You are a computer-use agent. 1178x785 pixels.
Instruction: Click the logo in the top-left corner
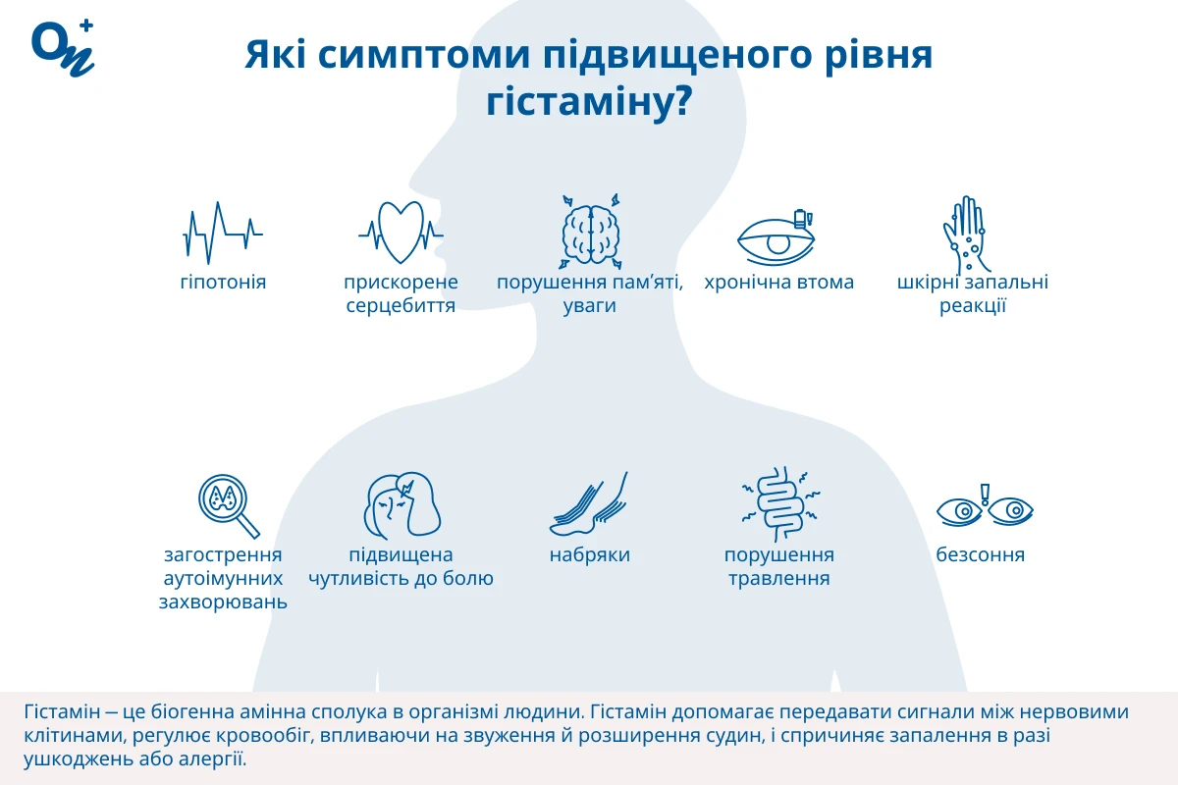coord(63,48)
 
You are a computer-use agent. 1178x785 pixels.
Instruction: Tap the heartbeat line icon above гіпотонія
coord(223,233)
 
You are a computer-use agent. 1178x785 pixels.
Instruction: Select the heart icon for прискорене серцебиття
coord(401,233)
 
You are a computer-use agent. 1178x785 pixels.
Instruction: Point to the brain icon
coord(591,232)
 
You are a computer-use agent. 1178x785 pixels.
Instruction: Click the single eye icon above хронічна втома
coord(776,238)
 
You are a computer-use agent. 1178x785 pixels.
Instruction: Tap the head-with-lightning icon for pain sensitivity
coord(402,505)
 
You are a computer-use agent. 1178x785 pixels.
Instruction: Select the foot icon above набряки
coord(588,503)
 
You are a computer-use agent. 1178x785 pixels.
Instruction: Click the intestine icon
coord(780,503)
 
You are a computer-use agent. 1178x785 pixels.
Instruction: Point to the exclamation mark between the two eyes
coord(985,495)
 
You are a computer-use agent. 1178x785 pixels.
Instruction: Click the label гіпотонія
coord(223,283)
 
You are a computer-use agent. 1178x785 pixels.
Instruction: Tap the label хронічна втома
coord(778,283)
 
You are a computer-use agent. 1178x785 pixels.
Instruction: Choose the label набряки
coord(590,555)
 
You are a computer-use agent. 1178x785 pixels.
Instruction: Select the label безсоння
coord(981,554)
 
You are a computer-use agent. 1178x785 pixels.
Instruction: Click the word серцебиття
coord(401,306)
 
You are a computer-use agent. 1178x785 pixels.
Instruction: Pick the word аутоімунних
coord(223,579)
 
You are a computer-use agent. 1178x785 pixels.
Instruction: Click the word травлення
coord(778,579)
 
